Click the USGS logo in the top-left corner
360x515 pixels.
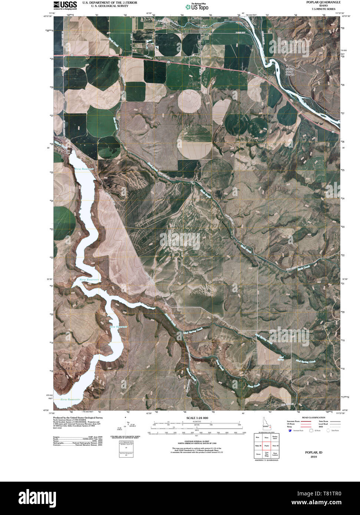click(x=65, y=5)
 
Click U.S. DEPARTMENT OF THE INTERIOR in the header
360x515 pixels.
click(x=109, y=3)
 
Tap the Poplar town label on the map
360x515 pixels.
click(x=202, y=30)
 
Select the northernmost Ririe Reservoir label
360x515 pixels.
click(x=84, y=169)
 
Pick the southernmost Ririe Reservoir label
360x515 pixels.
click(x=70, y=400)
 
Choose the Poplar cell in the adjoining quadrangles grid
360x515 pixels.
click(x=266, y=446)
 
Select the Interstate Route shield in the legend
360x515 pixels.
click(x=290, y=431)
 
